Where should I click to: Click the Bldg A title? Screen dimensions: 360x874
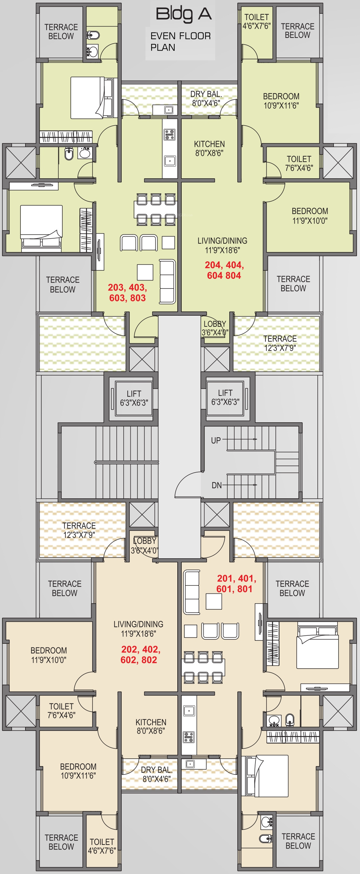pos(184,14)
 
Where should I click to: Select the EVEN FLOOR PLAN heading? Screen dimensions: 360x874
pos(181,42)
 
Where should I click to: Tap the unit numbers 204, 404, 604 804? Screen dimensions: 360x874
pos(224,270)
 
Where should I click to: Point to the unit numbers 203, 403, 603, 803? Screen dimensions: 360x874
pos(128,293)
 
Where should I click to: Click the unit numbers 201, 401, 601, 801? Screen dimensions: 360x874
pos(237,583)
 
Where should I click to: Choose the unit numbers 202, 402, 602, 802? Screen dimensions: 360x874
pos(140,654)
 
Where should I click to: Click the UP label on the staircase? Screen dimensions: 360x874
pos(216,440)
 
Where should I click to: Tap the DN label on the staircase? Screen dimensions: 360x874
pos(217,485)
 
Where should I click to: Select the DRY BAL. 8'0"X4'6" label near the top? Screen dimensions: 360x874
pos(206,99)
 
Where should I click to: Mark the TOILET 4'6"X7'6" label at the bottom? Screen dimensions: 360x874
pos(102,846)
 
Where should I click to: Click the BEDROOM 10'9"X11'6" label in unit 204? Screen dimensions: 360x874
pos(281,101)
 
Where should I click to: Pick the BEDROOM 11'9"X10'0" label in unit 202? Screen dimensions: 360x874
pos(49,655)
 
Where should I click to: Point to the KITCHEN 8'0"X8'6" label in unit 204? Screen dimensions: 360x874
pos(209,148)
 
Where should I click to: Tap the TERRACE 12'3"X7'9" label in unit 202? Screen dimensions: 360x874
pos(79,530)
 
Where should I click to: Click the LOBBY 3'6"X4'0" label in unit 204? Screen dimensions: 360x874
pos(215,328)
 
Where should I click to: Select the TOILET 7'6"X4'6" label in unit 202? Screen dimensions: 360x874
pos(61,710)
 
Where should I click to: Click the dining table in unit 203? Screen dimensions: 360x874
pos(156,209)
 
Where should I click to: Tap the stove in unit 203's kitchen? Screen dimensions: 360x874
pos(170,134)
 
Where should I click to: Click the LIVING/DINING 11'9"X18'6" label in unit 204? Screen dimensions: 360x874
pos(222,245)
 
